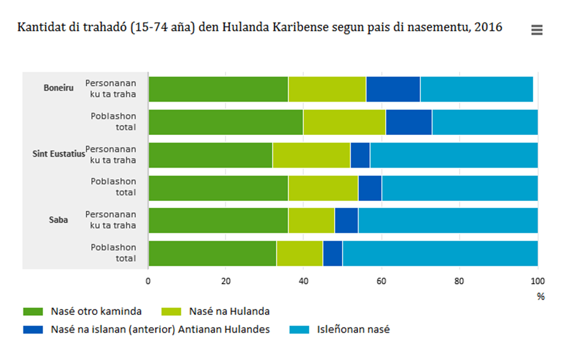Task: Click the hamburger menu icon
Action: pos(536,30)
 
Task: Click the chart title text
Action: pos(259,28)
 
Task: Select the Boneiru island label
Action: pos(59,88)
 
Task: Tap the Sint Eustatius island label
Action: pos(59,153)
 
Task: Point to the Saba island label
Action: pos(59,219)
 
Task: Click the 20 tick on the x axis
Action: pos(226,281)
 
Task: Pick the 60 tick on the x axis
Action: pos(381,281)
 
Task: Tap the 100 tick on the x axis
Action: pos(537,281)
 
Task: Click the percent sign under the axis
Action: pos(540,297)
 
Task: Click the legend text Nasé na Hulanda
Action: pos(230,312)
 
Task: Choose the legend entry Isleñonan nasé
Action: pos(354,329)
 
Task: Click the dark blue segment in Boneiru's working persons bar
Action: pos(393,89)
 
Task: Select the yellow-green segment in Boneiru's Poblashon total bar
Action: pos(344,122)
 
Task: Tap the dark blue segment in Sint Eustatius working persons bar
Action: pos(360,155)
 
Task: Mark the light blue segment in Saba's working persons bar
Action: pos(448,221)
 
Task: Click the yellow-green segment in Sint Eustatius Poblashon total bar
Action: pos(323,188)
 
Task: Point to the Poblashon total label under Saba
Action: pos(113,253)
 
